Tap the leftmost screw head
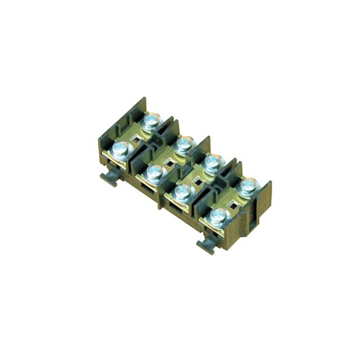coord(121,149)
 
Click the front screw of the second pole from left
coord(151,170)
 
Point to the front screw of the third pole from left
coord(182,192)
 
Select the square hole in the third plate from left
coord(198,181)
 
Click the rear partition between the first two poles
coord(169,128)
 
